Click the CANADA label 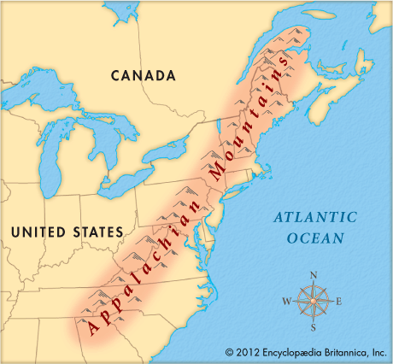(x=143, y=75)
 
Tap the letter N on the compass (x=313, y=275)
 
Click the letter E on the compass (x=339, y=302)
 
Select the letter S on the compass (x=314, y=327)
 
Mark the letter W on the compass (x=287, y=301)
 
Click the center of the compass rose (x=314, y=301)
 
